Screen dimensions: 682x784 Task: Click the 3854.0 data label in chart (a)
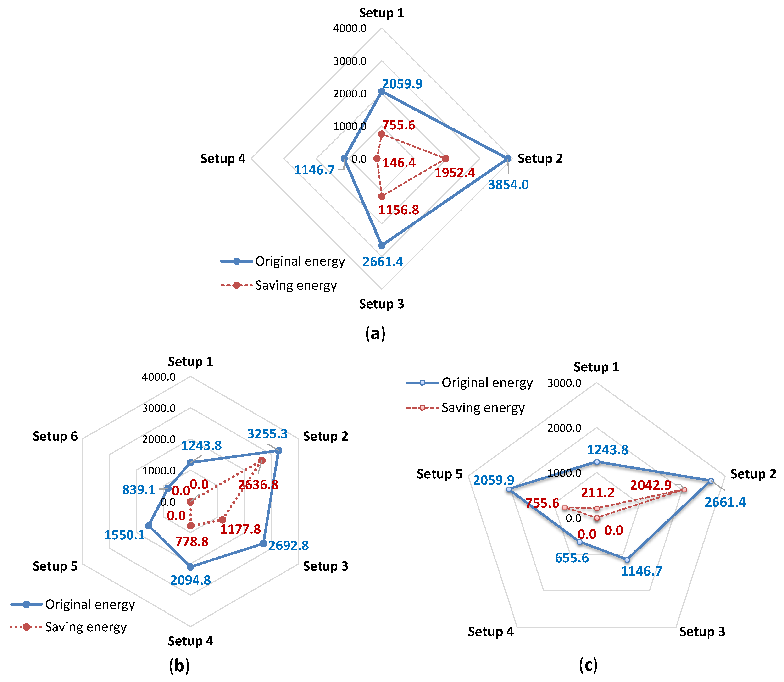pos(508,185)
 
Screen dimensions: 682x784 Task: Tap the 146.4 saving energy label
pos(399,163)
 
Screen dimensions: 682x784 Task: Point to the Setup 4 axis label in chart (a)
pos(223,158)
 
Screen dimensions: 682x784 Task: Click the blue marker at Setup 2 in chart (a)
pos(507,158)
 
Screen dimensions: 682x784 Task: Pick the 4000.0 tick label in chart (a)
pos(350,28)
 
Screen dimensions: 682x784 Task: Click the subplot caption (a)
pos(375,333)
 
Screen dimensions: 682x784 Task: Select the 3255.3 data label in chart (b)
pos(267,434)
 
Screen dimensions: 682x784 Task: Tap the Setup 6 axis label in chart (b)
pos(55,436)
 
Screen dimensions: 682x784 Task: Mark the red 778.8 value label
pos(192,542)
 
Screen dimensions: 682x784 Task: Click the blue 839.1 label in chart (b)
pos(139,490)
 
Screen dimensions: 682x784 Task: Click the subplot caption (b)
pos(179,666)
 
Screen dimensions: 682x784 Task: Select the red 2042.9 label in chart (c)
pos(651,485)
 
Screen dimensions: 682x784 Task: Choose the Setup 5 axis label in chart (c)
pos(439,474)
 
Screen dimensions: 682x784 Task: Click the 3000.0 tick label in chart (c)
pos(564,383)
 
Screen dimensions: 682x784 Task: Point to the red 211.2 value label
pos(598,493)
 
